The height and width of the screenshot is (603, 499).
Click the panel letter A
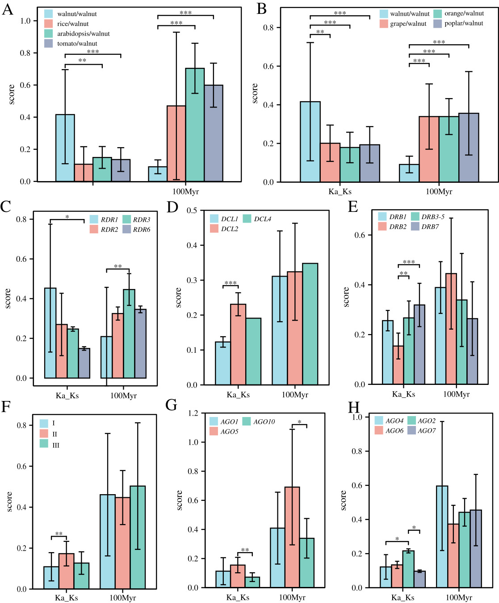pyautogui.click(x=7, y=9)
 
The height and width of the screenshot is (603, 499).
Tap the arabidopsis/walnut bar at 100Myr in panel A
pyautogui.click(x=195, y=125)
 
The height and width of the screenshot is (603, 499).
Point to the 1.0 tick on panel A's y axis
pyautogui.click(x=25, y=21)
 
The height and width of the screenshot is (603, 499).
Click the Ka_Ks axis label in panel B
pyautogui.click(x=340, y=192)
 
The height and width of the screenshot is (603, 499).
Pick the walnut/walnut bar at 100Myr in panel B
pyautogui.click(x=409, y=173)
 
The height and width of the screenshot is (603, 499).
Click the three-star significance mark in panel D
pyautogui.click(x=231, y=283)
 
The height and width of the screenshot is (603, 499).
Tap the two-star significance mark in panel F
pyautogui.click(x=59, y=534)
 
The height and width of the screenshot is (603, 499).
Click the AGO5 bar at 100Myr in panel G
pyautogui.click(x=292, y=537)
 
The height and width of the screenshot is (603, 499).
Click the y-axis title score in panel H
pyautogui.click(x=343, y=500)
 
